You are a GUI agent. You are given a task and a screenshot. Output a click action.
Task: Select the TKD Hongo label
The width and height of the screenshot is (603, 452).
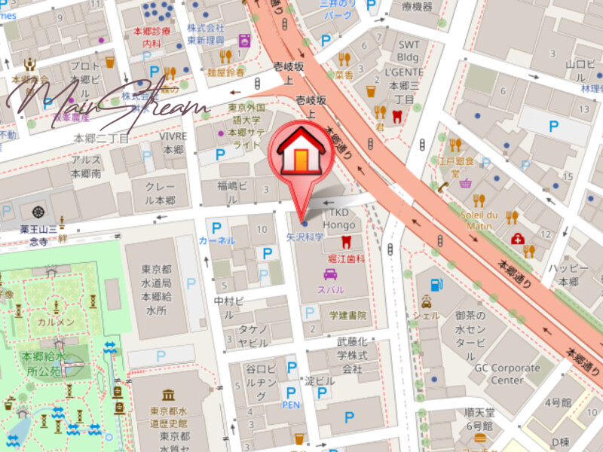[338, 218]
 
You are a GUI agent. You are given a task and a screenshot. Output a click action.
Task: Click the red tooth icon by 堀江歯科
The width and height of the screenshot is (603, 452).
[346, 242]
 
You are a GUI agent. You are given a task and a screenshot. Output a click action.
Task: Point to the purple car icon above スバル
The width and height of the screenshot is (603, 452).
[329, 274]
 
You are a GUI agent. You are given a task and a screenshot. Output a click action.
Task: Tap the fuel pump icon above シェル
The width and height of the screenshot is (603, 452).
[435, 286]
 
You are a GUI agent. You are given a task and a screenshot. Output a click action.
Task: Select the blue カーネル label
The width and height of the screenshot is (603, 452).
[217, 240]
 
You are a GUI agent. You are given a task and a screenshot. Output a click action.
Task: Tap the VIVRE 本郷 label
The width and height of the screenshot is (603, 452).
[173, 142]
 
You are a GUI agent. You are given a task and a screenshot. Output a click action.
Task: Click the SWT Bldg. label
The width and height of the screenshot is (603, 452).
[409, 50]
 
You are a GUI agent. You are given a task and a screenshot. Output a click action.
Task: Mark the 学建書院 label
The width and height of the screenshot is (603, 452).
[347, 315]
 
